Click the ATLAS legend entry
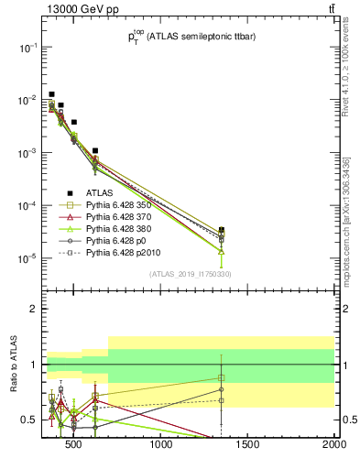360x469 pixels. point(99,192)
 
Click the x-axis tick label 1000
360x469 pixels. point(162,445)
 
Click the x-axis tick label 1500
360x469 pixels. point(248,445)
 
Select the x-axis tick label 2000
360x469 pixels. point(333,445)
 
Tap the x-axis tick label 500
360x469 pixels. point(77,445)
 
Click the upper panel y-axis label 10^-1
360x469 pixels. point(25,47)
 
